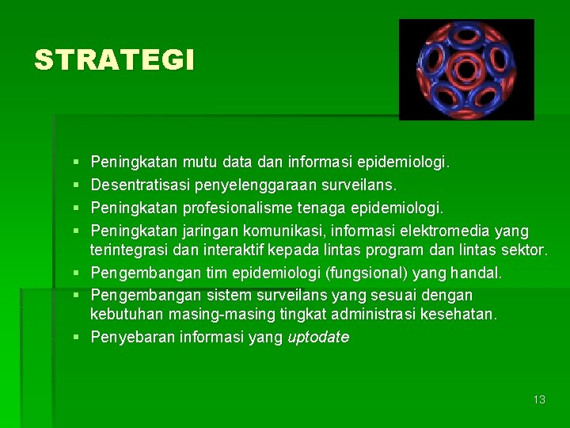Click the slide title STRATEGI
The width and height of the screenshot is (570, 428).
[113, 60]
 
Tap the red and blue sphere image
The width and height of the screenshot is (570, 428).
[466, 70]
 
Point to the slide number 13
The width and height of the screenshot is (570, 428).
[539, 399]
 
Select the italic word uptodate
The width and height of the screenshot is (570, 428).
[318, 337]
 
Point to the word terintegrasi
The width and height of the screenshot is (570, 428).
[131, 251]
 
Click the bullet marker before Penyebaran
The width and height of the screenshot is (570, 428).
[76, 338]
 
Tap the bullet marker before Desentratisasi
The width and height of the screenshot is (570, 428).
[76, 185]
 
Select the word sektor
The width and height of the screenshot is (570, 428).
[523, 251]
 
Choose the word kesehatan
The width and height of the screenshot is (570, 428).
[462, 315]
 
